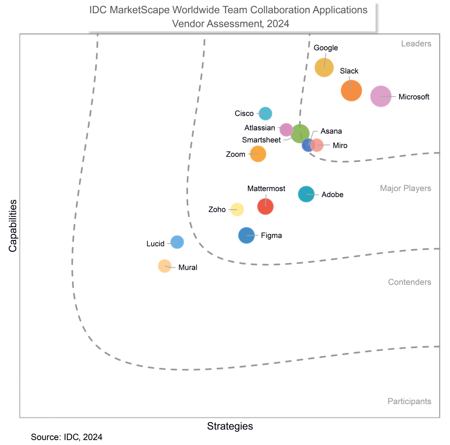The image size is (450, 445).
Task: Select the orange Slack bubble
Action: (x=351, y=90)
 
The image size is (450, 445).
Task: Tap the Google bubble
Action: (x=324, y=67)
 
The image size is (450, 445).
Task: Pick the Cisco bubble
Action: (x=265, y=113)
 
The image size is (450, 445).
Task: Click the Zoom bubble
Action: (x=258, y=154)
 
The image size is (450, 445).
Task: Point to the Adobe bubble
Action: (x=306, y=194)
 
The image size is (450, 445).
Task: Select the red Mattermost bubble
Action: (x=265, y=206)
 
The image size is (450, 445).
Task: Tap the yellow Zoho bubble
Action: (x=237, y=210)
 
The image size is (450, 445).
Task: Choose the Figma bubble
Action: (x=246, y=235)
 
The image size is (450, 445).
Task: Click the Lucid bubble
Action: (x=177, y=242)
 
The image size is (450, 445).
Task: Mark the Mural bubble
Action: (x=164, y=266)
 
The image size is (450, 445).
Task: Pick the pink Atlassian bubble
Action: (x=286, y=129)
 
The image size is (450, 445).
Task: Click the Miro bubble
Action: (x=316, y=145)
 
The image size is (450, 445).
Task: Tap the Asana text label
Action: (x=331, y=131)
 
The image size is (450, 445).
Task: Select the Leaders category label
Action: (x=416, y=44)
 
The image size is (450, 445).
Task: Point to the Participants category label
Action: (x=409, y=401)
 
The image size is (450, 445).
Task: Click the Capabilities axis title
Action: (x=13, y=226)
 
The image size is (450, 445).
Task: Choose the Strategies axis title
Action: (x=230, y=426)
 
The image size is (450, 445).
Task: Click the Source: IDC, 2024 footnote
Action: (x=66, y=437)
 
